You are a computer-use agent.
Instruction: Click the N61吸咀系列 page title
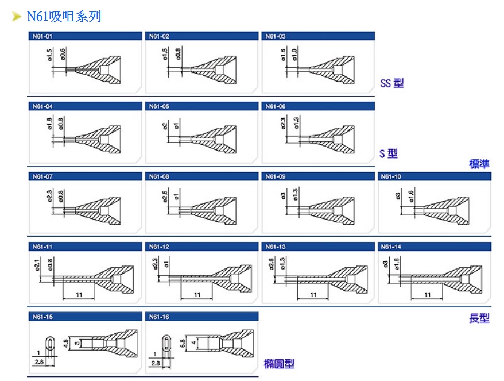coord(64,16)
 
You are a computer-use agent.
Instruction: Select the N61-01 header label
coord(42,36)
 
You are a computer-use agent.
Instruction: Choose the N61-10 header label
coord(391,176)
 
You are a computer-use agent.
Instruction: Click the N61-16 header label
coord(159,317)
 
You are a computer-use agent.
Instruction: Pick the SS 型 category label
coord(392,83)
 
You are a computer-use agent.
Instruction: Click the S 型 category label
coord(389,153)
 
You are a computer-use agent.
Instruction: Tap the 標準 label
coord(479,164)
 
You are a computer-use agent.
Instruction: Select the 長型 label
coord(479,318)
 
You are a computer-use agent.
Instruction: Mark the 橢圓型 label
coord(279,363)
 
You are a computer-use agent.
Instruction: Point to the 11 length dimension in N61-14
coord(427,294)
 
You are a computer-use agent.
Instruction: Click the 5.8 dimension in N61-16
coord(183,343)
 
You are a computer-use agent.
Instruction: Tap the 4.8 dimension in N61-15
coord(65,343)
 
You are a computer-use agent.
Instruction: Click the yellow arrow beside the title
coord(17,17)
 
